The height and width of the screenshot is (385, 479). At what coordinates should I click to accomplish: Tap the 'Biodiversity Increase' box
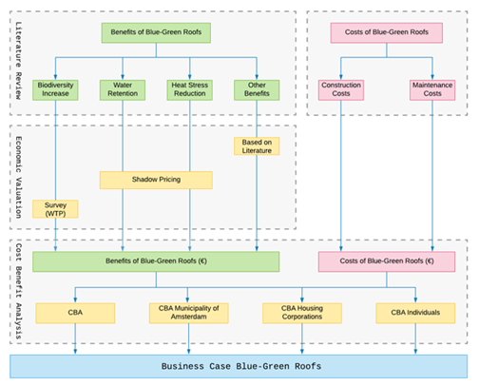click(56, 90)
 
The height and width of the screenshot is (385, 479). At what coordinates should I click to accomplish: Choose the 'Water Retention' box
click(123, 90)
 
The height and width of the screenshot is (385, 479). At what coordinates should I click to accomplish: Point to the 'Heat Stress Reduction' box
click(190, 90)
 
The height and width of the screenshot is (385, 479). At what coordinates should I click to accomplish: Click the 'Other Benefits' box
click(256, 90)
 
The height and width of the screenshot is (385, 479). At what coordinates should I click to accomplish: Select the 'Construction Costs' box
click(340, 90)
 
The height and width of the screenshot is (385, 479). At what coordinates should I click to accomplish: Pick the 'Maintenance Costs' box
click(432, 90)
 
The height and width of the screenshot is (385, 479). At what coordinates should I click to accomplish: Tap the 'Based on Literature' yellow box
click(256, 145)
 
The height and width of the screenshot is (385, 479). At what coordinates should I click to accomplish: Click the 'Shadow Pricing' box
click(156, 180)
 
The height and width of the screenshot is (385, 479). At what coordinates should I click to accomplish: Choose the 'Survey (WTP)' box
click(56, 209)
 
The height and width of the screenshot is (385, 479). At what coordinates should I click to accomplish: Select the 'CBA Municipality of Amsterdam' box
click(189, 313)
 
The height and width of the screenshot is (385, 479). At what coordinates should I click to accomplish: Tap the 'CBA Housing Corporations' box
click(302, 313)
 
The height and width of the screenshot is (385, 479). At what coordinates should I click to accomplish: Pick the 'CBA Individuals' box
click(415, 313)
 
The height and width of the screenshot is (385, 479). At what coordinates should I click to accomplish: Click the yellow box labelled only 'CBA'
click(75, 313)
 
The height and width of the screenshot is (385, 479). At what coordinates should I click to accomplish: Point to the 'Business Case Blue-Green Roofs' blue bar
click(239, 365)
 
